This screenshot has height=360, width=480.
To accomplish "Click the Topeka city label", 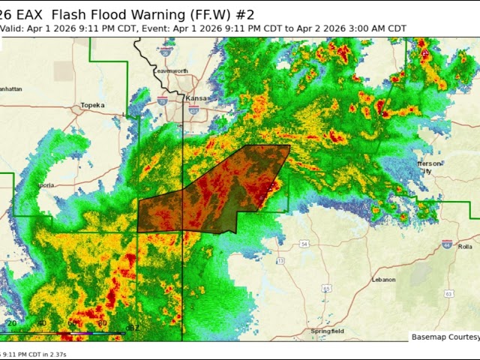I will pos(92,105).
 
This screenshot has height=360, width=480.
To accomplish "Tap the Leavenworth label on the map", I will pos(171,70).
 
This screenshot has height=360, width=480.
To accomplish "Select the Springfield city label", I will pos(328,331).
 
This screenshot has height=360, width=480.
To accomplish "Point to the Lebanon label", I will pos(383,279).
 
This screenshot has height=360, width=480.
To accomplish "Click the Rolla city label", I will pos(466,246).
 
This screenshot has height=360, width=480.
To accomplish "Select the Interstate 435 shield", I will pos(193,110).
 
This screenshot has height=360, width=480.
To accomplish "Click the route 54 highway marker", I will pos(304,244).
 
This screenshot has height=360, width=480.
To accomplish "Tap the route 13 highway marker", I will pos(280,260).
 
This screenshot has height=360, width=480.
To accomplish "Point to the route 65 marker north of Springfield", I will pos(326,288).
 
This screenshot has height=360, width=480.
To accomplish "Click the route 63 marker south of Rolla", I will pos(448,294).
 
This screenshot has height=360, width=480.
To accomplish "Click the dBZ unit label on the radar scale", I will pos(132,328).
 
